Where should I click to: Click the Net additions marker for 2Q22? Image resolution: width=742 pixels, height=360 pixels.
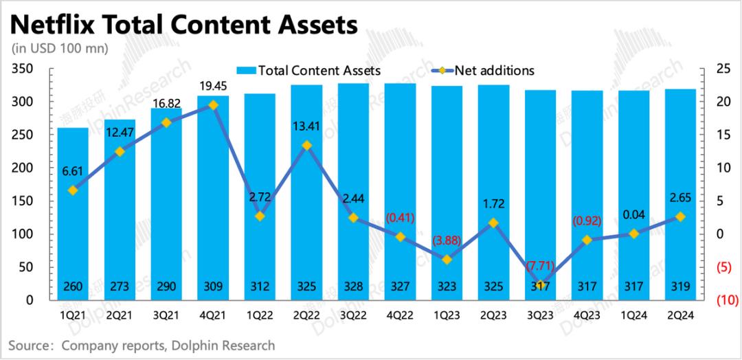[307, 145]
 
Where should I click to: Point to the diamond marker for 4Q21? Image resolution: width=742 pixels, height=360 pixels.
[213, 105]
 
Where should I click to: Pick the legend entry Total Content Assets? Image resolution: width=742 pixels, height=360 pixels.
[308, 70]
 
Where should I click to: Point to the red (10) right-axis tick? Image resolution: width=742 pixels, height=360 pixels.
[727, 300]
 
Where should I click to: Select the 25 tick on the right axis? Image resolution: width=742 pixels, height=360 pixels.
[722, 69]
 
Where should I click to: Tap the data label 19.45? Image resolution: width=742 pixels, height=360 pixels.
[213, 87]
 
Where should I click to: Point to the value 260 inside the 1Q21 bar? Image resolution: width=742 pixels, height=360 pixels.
[73, 286]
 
